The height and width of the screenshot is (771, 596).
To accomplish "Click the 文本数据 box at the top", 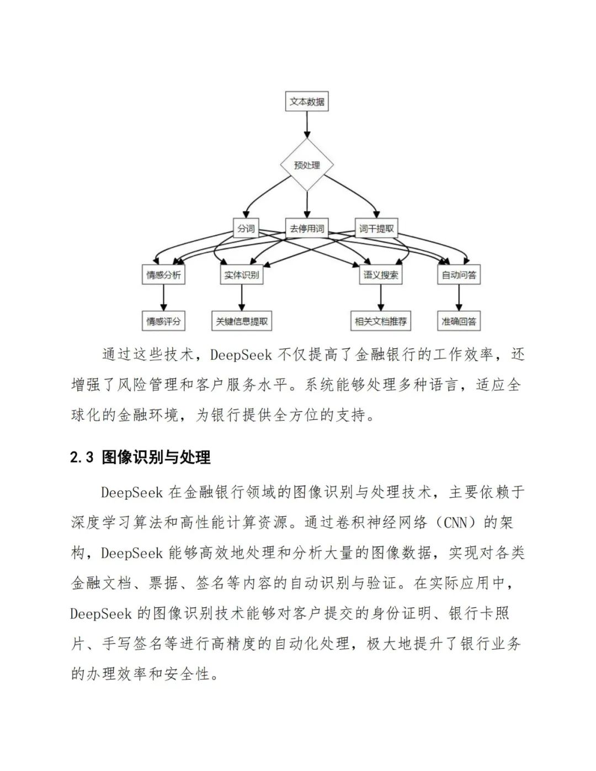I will click(x=307, y=102).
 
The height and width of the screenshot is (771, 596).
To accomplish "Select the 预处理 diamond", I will click(x=307, y=164).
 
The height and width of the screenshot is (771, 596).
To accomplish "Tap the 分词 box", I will click(x=246, y=228).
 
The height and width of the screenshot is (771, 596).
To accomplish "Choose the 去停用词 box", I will click(x=307, y=228).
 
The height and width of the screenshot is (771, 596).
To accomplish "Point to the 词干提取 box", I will click(x=377, y=228).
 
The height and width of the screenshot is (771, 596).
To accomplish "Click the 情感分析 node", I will click(x=163, y=274).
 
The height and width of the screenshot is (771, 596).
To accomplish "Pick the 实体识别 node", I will click(x=241, y=274).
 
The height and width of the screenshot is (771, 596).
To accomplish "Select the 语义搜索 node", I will click(x=381, y=274).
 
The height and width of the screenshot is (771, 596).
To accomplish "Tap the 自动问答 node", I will click(x=459, y=274).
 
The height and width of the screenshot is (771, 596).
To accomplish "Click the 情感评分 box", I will click(x=163, y=321).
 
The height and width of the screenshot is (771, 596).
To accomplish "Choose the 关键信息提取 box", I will click(x=242, y=321).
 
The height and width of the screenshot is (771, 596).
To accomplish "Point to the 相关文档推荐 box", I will click(x=381, y=321).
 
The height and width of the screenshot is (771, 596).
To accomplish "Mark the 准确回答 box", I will click(x=459, y=321).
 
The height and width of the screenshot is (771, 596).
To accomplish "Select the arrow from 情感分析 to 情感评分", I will click(x=163, y=298).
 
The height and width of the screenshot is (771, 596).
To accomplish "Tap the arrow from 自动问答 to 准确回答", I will click(x=459, y=298).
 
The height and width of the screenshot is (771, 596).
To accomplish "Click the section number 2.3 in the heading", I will click(x=82, y=458).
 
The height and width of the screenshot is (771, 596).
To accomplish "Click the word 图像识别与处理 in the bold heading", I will click(x=156, y=458).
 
